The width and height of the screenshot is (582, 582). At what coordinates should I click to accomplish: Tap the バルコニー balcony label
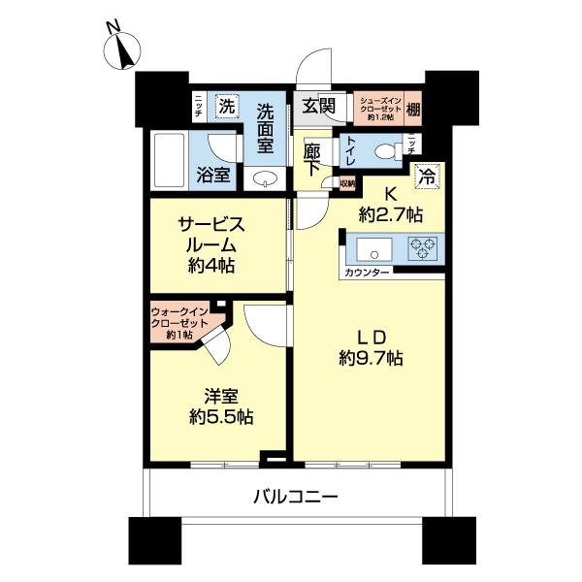[296, 498]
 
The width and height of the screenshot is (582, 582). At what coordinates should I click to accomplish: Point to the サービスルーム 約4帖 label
[211, 244]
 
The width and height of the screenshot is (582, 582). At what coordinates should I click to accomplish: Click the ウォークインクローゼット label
[180, 322]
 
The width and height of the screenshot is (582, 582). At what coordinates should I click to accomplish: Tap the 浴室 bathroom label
[213, 175]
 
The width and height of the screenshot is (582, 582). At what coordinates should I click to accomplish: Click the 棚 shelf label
[414, 105]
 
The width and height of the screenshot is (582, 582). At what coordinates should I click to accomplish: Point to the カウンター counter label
[368, 273]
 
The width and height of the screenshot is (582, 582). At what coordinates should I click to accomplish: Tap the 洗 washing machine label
[226, 105]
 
